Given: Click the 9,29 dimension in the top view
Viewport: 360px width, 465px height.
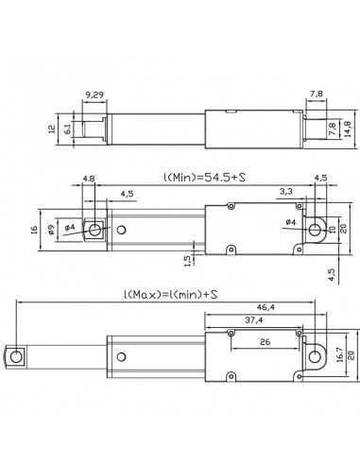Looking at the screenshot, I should point(94,96).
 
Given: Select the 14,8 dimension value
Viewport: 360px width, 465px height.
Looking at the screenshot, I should point(348,129).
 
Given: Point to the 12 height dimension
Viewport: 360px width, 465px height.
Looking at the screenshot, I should point(52,129).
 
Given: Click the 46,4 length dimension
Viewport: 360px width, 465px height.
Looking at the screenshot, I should point(266,308).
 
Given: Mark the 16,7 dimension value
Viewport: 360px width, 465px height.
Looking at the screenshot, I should point(338,356).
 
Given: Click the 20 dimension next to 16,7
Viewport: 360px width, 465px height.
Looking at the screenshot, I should point(350,356).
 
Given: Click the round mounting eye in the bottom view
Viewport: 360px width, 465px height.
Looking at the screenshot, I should point(314,356).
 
